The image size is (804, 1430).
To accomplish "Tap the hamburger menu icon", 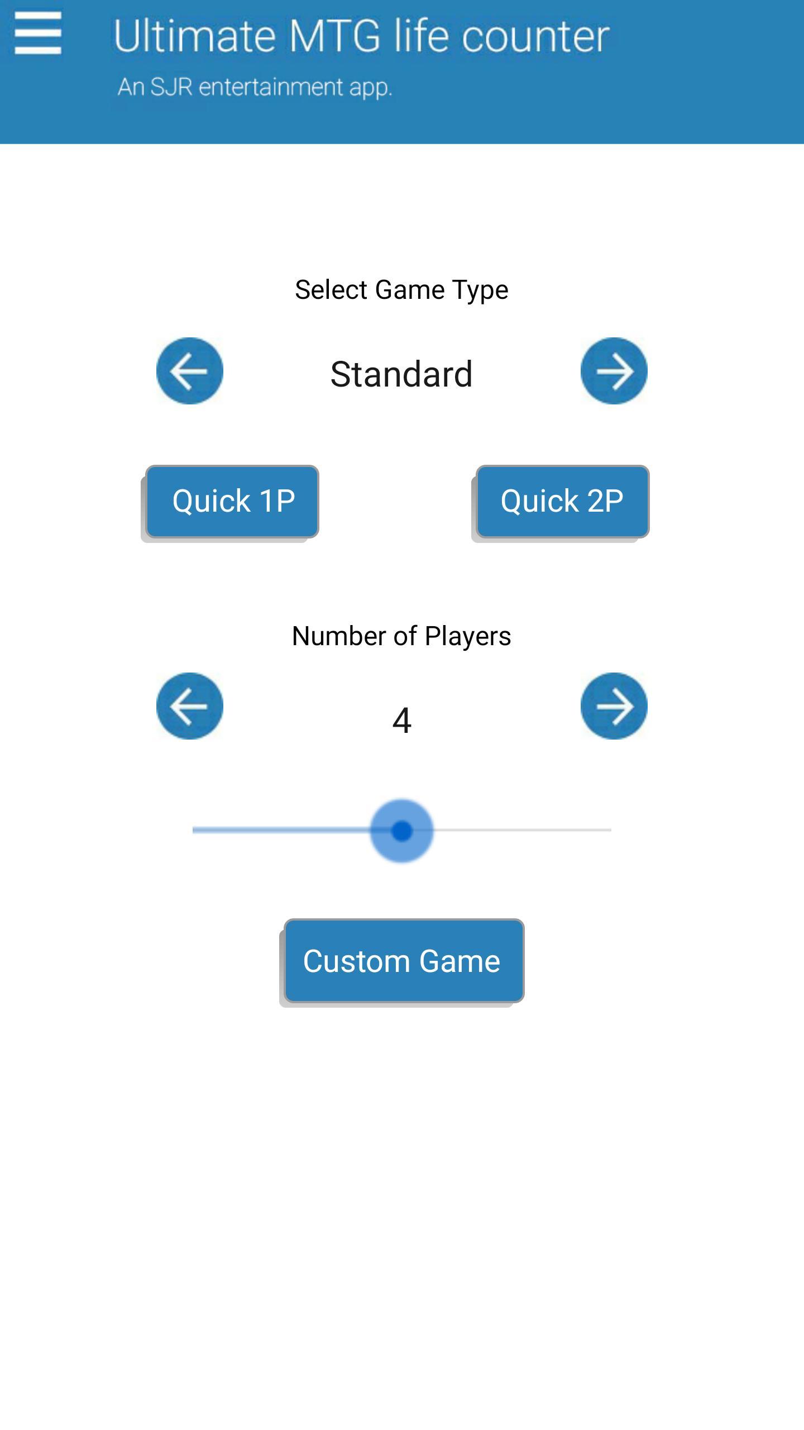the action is (38, 34).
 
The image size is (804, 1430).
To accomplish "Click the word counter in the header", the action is (535, 38).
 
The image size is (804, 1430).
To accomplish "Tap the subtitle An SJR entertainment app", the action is (255, 87).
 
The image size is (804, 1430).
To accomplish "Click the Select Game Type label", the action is (401, 290).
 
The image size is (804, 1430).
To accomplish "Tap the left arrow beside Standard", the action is (190, 371).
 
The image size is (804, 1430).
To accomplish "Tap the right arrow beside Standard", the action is (614, 371).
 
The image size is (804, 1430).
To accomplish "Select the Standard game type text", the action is (401, 374).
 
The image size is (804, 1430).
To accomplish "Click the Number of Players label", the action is (401, 636).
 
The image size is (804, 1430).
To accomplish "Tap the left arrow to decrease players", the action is (190, 706).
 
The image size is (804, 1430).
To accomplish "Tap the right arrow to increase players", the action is (614, 706).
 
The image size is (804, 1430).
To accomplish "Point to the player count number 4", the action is (402, 720).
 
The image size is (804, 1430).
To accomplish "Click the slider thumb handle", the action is (402, 831).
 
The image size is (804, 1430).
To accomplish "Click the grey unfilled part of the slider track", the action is (523, 830).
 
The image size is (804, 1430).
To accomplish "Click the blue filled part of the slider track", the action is (281, 830).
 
